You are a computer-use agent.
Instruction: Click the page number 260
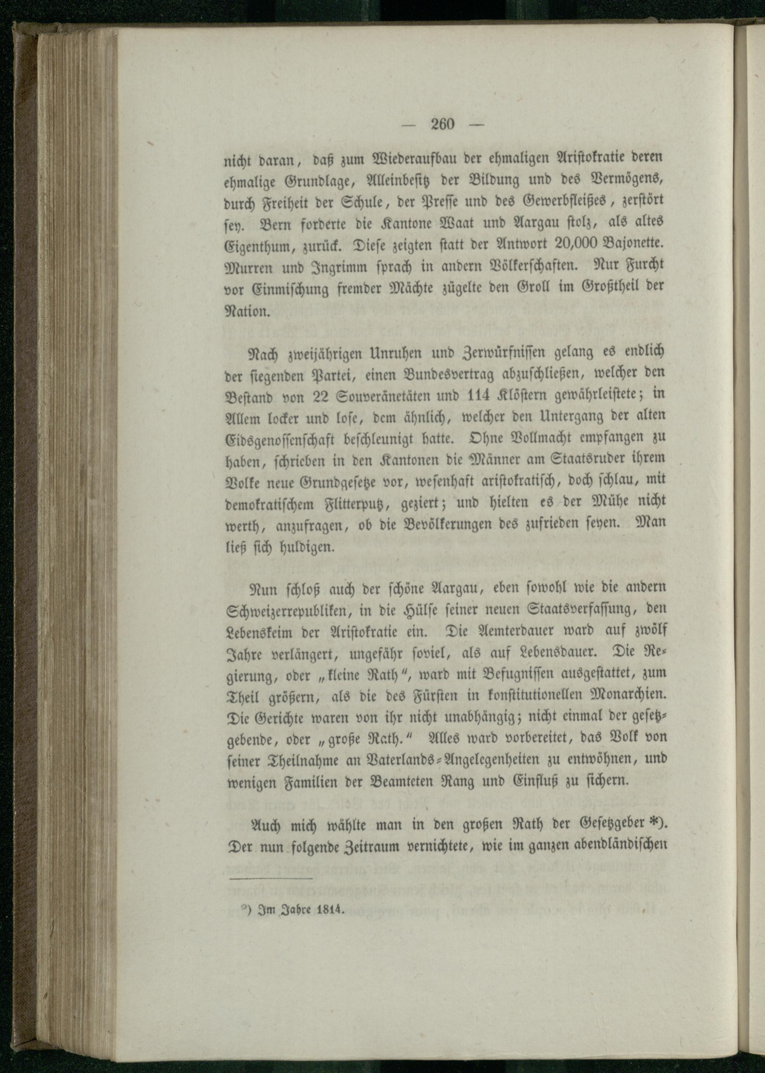coord(442,124)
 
